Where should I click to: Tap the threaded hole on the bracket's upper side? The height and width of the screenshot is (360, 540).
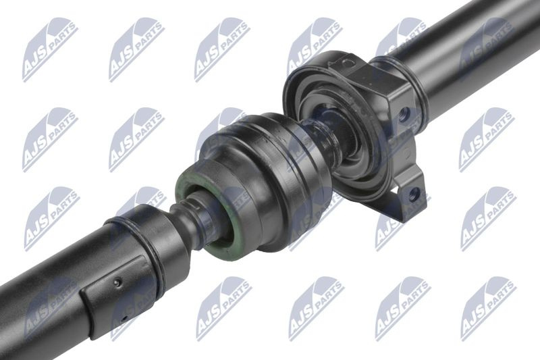click(x=404, y=113)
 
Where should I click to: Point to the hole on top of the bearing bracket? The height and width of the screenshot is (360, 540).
click(x=348, y=63)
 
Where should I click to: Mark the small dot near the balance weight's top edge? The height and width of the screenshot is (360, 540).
click(x=117, y=282)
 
